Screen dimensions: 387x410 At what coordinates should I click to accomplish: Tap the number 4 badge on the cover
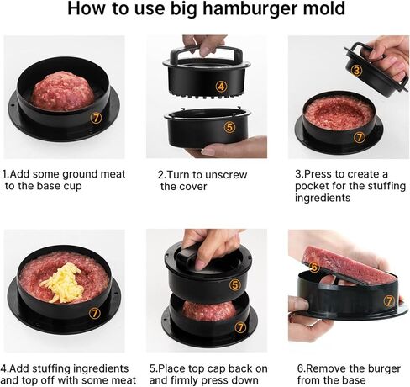[220, 85]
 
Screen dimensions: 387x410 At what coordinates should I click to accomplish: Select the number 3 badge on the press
[356, 71]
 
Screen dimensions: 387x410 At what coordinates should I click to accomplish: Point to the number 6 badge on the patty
[314, 267]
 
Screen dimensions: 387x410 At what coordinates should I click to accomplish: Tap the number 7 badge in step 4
[94, 313]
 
